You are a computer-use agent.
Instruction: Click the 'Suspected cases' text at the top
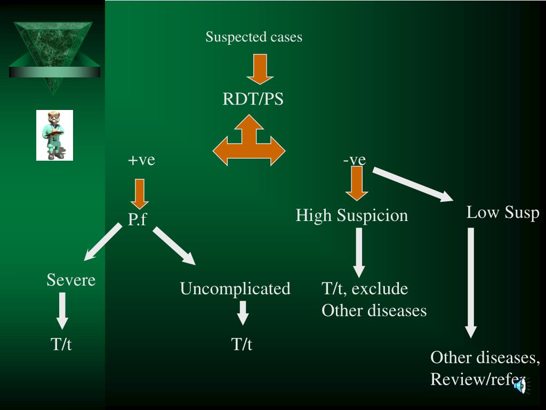[x=254, y=37]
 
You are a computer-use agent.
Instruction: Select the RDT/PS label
[x=253, y=99]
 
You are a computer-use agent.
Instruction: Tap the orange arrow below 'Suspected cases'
[x=260, y=69]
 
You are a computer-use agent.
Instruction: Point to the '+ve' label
[x=141, y=160]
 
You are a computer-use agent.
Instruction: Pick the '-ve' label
[x=355, y=160]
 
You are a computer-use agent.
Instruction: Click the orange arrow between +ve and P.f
[x=140, y=194]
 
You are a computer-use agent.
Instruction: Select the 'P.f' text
[x=137, y=219]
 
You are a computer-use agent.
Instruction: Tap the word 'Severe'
[x=71, y=280]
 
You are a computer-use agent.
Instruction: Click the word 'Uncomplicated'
[x=235, y=289]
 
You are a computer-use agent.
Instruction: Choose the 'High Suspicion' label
[x=351, y=216]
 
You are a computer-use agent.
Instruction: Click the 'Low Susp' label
[x=503, y=212]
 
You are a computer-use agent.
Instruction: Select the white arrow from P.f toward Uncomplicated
[x=174, y=246]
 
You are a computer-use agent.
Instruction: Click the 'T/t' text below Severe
[x=61, y=344]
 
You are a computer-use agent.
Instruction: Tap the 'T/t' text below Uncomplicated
[x=242, y=344]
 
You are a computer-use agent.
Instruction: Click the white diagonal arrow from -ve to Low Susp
[x=413, y=185]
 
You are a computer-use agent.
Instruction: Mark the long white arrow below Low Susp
[x=471, y=282]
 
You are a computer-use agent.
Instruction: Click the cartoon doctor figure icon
[x=54, y=135]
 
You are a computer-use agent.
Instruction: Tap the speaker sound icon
[x=520, y=385]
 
